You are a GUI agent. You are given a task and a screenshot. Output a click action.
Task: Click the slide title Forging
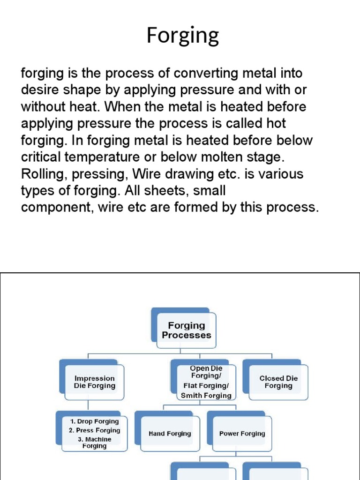[182, 36]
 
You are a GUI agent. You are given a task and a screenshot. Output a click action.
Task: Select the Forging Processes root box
[186, 330]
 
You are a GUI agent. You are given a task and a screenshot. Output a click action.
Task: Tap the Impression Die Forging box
[94, 382]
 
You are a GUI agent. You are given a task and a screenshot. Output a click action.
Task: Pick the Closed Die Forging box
[278, 382]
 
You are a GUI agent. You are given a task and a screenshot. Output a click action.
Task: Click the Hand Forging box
[169, 434]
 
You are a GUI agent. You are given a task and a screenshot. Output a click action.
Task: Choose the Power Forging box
[242, 434]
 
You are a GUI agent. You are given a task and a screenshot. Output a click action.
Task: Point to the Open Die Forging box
[206, 382]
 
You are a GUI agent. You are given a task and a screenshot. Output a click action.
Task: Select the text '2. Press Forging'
[94, 430]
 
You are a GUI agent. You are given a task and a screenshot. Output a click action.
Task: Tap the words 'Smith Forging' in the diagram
[206, 395]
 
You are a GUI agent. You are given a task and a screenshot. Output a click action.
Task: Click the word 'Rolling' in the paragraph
[39, 174]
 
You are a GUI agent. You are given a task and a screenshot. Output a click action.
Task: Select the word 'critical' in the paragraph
[38, 157]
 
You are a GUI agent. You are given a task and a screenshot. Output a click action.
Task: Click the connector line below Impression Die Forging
[88, 405]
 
